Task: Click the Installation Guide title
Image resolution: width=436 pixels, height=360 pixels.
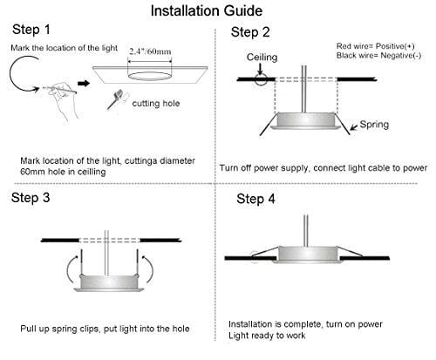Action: [207, 11]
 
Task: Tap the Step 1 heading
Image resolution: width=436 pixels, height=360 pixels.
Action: [31, 30]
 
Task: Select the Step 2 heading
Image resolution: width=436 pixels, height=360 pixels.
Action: [250, 32]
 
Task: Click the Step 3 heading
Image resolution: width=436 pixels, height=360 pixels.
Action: [31, 198]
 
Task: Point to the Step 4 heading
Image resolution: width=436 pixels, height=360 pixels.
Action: [255, 199]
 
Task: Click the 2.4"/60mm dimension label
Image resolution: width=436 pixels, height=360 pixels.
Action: [150, 51]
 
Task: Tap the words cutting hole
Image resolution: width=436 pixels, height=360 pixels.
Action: [156, 104]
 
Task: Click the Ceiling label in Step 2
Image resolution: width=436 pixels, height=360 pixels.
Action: [262, 58]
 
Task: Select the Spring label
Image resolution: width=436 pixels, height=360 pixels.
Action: [374, 125]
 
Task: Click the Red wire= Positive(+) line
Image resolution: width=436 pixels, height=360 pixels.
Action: [376, 46]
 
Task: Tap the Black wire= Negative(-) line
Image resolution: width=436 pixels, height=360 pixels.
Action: [378, 55]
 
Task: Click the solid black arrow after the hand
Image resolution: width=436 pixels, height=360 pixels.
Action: [84, 84]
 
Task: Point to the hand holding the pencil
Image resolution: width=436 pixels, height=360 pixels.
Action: [62, 98]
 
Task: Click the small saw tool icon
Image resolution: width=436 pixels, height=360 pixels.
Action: [116, 99]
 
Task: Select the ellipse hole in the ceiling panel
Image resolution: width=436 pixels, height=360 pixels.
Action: [150, 76]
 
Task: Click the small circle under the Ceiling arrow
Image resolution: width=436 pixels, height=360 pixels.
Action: [261, 79]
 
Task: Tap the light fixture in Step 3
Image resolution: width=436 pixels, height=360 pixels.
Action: [109, 282]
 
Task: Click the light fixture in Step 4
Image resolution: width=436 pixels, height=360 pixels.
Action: [308, 255]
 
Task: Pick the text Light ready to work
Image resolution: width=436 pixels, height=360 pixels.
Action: [267, 336]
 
